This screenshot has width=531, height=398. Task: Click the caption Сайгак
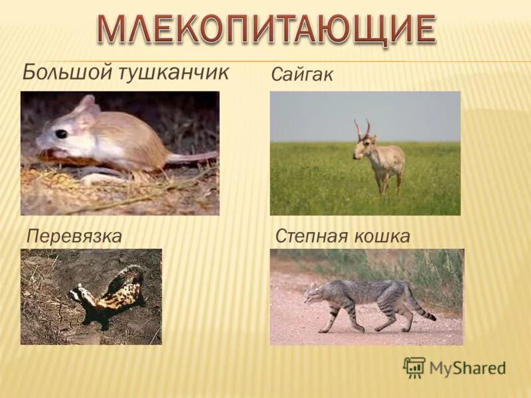tap(302, 75)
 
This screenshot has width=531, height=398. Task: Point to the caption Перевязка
tap(74, 235)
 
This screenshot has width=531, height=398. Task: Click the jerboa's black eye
tap(61, 133)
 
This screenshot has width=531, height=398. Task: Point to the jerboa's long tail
tap(192, 157)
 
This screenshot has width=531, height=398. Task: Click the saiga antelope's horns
tap(362, 127)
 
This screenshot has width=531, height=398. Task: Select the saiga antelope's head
tap(361, 145)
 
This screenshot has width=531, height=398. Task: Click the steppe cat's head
tap(312, 292)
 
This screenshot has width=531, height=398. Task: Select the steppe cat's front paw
tap(323, 329)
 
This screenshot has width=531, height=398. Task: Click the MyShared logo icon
tap(414, 367)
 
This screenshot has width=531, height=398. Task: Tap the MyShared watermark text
tap(467, 368)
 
